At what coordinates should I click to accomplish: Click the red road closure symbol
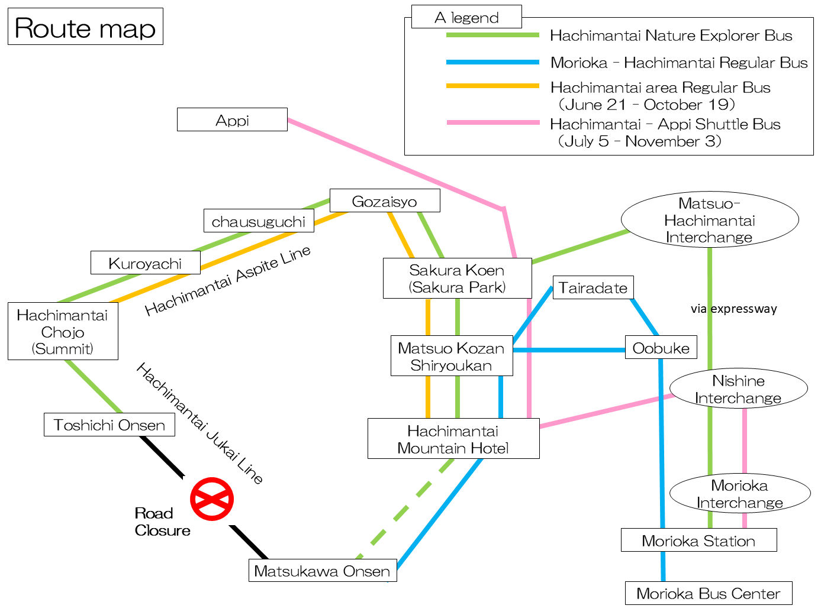click(212, 499)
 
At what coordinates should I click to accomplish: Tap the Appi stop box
click(232, 120)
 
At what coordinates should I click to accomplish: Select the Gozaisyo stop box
click(384, 201)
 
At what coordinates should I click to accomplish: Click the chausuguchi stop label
click(258, 221)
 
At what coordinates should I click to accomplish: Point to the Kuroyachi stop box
click(145, 263)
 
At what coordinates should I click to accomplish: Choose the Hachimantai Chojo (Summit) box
click(63, 331)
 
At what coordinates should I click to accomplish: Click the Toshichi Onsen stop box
click(110, 425)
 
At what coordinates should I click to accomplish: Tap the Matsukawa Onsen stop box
click(322, 571)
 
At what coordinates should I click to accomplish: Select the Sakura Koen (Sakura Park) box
click(457, 279)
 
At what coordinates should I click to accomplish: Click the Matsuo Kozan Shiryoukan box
click(451, 356)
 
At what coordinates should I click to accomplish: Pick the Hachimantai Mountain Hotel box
click(453, 439)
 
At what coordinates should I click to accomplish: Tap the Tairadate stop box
click(593, 287)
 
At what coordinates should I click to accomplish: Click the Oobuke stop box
click(661, 348)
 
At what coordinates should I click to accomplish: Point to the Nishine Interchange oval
click(738, 389)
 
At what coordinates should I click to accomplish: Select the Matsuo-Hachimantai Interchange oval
click(709, 220)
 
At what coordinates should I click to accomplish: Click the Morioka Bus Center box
click(708, 593)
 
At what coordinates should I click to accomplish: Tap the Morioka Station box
click(698, 540)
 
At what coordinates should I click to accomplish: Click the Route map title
click(85, 27)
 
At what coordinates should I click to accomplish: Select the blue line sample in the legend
click(492, 62)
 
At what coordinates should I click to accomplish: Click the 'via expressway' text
click(733, 309)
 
